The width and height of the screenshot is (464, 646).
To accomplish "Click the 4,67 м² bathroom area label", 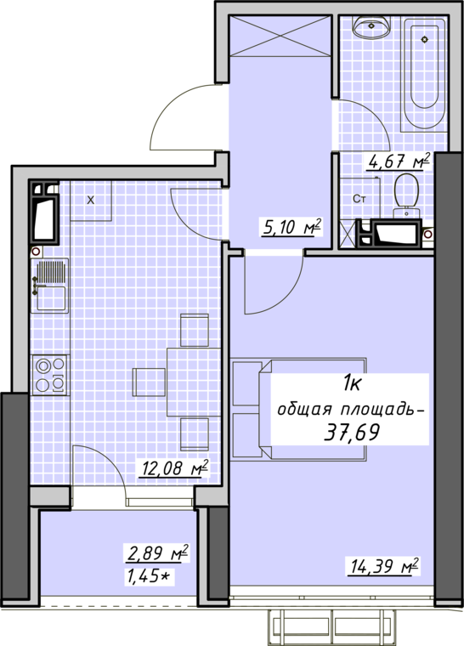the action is pos(399,161).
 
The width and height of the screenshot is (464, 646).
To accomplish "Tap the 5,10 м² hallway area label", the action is pos(291,227).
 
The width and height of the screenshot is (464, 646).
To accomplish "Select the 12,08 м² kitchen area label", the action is pos(175,468).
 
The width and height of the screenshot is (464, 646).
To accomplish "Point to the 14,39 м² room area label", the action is pos(384,566).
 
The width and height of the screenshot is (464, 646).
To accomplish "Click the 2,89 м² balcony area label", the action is pos(158,552).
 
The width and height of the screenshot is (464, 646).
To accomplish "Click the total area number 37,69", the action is pos(352,432).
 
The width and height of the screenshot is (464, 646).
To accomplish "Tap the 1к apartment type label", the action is pos(352,384).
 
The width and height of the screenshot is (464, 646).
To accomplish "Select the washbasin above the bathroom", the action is pos(371,28).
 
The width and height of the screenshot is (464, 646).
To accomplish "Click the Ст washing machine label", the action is pos(359,200).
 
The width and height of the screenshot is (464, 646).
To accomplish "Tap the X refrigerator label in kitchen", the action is pos(91,201).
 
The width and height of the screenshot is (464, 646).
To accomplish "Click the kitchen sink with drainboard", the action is pos(49,286).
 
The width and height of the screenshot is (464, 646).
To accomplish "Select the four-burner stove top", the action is pos(50,375).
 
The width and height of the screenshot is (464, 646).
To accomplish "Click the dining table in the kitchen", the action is pos(194,382).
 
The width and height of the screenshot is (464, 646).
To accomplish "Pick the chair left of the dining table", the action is pos(149,382).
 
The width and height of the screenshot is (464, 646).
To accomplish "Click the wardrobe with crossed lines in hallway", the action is pos(280,36).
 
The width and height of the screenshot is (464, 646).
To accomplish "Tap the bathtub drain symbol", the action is pos(425,40).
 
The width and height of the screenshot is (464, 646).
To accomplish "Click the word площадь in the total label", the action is pos(382,411).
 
